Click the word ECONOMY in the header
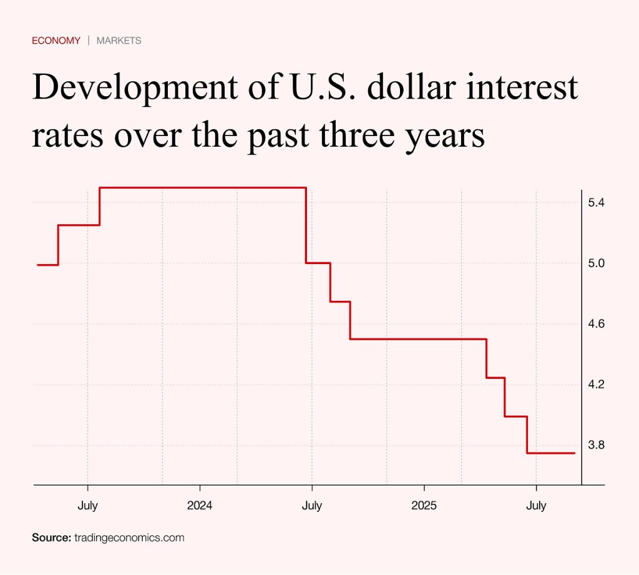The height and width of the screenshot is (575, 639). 56,41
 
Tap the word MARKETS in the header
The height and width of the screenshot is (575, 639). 119,41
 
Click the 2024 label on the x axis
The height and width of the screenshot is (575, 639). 200,506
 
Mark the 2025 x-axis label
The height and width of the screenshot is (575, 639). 424,506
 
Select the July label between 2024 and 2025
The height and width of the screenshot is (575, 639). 312,506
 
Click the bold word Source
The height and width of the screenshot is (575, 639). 51,538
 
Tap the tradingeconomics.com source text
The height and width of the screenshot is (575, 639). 129,538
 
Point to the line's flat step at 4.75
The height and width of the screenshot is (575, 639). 340,302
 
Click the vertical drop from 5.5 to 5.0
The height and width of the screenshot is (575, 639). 306,225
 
